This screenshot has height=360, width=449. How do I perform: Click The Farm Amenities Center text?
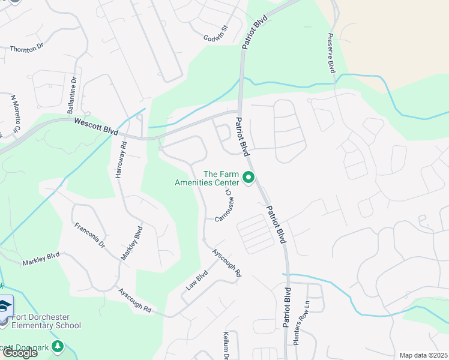click(x=206, y=178)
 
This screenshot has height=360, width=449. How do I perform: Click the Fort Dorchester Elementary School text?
click(x=43, y=321)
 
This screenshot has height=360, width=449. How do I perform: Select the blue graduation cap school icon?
click(x=5, y=307)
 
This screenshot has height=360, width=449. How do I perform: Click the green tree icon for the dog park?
click(x=58, y=346)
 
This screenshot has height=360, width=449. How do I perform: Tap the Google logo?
click(x=20, y=353)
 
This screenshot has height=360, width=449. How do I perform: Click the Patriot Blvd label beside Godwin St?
click(x=255, y=33)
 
